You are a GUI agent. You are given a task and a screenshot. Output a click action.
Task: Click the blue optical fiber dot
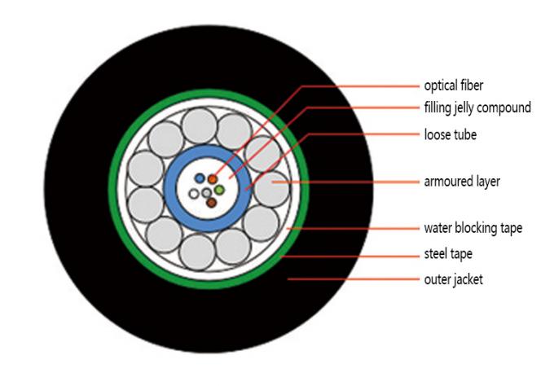[x=200, y=178]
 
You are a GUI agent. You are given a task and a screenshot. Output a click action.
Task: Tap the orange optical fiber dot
[x=213, y=178]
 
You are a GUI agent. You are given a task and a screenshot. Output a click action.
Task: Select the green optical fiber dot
[x=219, y=190]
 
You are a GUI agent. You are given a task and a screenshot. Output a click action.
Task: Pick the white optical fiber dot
[x=194, y=194]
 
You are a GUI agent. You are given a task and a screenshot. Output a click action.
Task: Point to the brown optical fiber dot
[x=212, y=202]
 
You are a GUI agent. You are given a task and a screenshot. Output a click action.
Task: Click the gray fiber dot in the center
[x=207, y=193]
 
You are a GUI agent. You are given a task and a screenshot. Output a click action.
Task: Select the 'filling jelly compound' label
[x=477, y=107]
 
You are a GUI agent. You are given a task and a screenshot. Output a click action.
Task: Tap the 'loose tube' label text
[x=450, y=134]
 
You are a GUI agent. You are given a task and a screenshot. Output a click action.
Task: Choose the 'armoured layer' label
[x=461, y=182]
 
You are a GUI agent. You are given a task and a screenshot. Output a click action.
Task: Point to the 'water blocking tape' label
[x=473, y=228]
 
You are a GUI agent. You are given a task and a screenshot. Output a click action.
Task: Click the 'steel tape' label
[x=447, y=254]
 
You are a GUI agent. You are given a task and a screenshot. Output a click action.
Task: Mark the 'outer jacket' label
[x=454, y=279]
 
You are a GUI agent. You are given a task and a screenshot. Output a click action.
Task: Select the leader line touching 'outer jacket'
[x=350, y=279]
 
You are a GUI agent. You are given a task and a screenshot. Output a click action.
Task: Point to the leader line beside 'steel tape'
[x=350, y=254]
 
